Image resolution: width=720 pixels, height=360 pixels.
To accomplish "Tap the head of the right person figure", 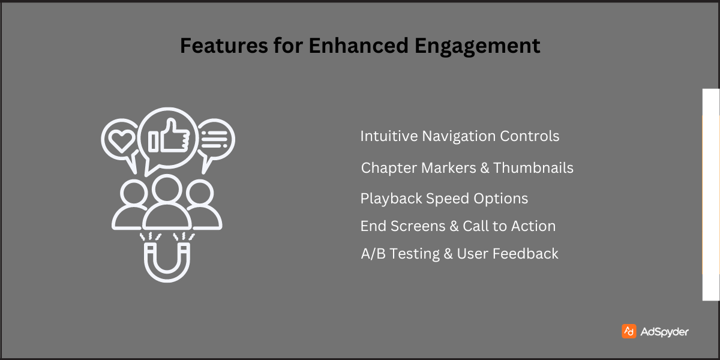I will click(x=196, y=193).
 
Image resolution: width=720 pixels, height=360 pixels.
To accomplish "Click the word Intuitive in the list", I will click(x=388, y=136).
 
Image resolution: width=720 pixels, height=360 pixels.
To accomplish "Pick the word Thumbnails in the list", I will click(x=533, y=168).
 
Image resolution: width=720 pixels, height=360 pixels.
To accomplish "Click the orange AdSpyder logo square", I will click(x=629, y=331).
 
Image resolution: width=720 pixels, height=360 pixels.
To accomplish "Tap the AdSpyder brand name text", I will click(x=664, y=332).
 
